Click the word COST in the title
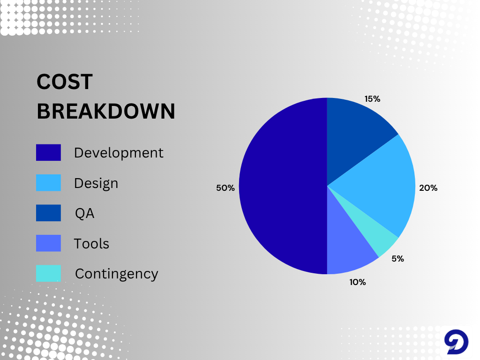click(65, 82)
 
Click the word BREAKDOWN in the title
click(106, 111)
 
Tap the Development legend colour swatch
click(48, 152)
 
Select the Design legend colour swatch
click(48, 183)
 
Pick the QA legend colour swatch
click(48, 213)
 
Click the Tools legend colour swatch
click(48, 243)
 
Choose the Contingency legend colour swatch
click(48, 273)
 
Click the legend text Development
click(119, 153)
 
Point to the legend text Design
click(96, 184)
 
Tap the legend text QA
click(85, 213)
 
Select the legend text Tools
click(91, 244)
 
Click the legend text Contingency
click(117, 274)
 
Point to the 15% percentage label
click(372, 99)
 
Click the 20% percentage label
click(428, 188)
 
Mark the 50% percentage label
click(225, 188)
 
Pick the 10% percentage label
click(358, 282)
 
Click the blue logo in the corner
click(456, 342)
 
